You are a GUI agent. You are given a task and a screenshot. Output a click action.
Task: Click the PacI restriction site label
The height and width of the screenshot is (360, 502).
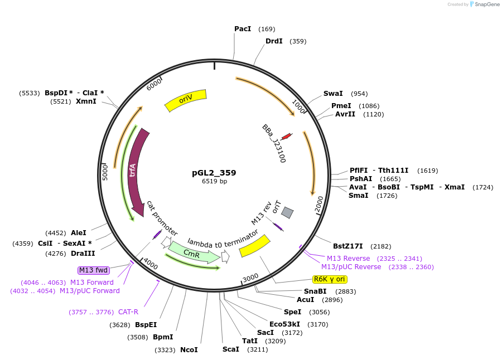coord(243,29)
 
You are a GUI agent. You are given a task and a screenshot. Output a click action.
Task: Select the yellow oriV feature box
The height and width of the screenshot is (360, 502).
coord(186,100)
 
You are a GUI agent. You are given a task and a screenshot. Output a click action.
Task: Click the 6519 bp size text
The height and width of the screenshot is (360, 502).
coord(214,181)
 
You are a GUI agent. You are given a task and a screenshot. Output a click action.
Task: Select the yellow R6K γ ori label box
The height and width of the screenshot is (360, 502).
coord(330,279)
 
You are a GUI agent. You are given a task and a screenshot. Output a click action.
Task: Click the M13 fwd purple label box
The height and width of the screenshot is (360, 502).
coord(93,270)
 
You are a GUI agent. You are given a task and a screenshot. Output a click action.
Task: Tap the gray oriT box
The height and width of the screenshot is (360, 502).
coord(287,212)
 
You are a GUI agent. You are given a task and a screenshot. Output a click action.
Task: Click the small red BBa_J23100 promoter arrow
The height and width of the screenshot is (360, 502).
coord(286,137)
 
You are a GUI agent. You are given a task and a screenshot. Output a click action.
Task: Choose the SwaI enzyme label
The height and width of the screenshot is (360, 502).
coord(333,94)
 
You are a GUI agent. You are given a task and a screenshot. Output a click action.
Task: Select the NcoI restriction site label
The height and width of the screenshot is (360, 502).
coord(189,350)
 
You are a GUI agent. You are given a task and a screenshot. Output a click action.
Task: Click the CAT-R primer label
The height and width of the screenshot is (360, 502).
coord(128,312)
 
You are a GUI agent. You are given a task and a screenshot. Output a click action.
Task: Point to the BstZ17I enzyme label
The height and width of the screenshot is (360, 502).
coord(347,246)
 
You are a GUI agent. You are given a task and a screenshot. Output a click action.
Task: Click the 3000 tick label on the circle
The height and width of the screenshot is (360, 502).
coord(250,277)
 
